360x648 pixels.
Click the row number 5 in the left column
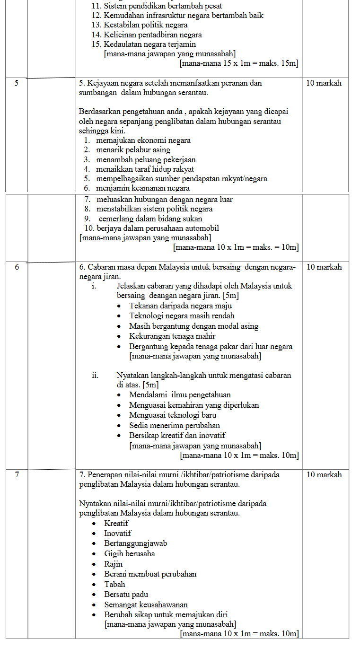pyautogui.click(x=17, y=83)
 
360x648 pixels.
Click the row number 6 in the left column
pyautogui.click(x=17, y=267)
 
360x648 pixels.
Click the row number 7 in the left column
pyautogui.click(x=17, y=475)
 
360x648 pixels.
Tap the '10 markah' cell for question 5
pyautogui.click(x=324, y=83)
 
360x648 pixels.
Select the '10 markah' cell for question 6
pyautogui.click(x=324, y=267)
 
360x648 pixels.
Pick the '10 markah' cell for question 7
pyautogui.click(x=324, y=475)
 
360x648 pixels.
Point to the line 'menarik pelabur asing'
pyautogui.click(x=133, y=150)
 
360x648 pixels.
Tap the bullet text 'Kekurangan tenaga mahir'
pyautogui.click(x=172, y=336)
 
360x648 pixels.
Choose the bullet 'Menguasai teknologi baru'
pyautogui.click(x=173, y=415)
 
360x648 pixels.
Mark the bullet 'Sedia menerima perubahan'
pyautogui.click(x=175, y=425)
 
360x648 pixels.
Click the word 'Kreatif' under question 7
pyautogui.click(x=116, y=524)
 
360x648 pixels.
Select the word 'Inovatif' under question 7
pyautogui.click(x=118, y=534)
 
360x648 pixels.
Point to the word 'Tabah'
pyautogui.click(x=115, y=585)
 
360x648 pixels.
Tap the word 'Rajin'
pyautogui.click(x=114, y=564)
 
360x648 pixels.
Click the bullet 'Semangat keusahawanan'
pyautogui.click(x=146, y=605)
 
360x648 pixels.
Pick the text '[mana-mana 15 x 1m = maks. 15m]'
pyautogui.click(x=239, y=63)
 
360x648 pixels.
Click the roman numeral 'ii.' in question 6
pyautogui.click(x=95, y=376)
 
